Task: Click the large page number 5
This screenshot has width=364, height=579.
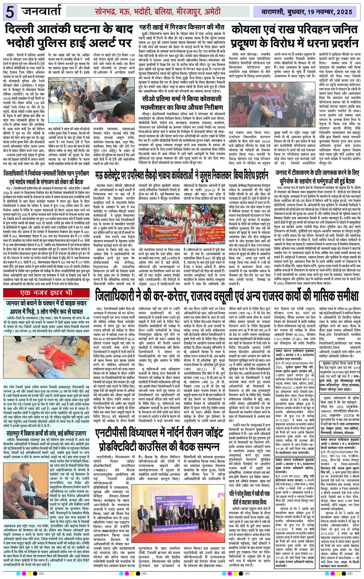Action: tap(10, 12)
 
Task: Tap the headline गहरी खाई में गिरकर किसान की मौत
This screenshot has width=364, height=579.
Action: tap(182, 28)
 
